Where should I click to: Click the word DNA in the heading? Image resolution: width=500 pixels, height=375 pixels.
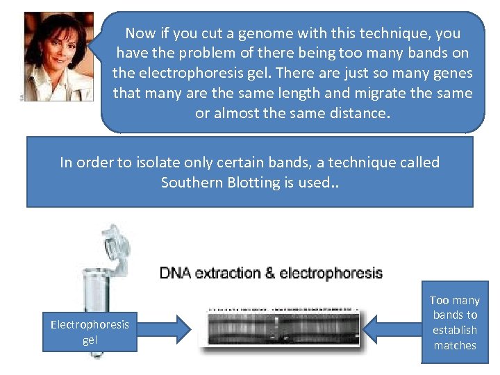176,273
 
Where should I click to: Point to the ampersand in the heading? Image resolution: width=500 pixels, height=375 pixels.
269,273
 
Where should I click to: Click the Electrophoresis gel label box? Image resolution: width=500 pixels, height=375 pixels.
90,332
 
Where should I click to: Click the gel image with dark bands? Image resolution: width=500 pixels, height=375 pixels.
285,326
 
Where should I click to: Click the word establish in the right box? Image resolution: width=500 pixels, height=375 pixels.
455,330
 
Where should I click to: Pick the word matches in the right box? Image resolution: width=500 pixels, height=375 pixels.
455,345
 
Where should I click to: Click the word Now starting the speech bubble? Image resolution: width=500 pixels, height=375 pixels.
140,33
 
